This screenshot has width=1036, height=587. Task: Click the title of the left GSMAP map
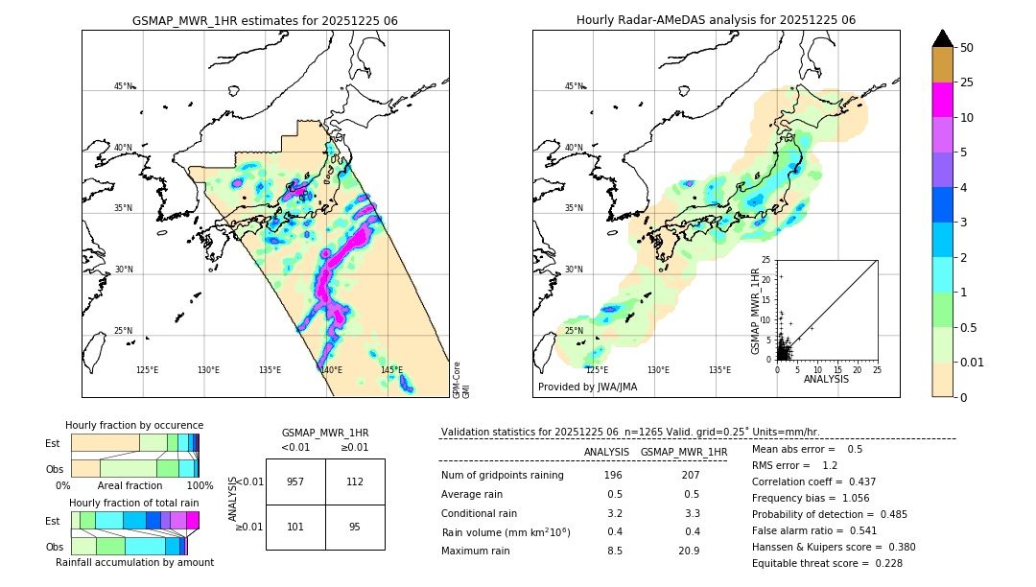tap(265, 20)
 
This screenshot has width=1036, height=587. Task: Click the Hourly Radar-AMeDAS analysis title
tap(716, 20)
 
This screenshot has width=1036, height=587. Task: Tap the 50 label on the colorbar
tap(967, 48)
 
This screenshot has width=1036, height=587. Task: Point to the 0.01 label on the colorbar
tap(973, 362)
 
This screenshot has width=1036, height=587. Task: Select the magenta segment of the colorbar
tap(942, 100)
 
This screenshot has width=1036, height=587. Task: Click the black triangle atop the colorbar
tap(942, 38)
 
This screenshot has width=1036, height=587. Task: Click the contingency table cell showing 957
tap(295, 481)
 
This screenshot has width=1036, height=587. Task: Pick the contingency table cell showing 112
tap(355, 481)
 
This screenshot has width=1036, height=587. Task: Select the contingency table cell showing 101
tap(295, 527)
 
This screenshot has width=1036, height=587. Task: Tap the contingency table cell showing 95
tap(355, 527)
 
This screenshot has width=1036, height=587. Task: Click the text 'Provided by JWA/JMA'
tap(587, 387)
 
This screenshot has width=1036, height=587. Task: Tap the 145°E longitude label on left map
tap(391, 370)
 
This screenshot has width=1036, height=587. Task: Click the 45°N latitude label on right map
tap(574, 86)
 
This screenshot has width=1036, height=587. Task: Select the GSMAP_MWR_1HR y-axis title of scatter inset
tap(755, 310)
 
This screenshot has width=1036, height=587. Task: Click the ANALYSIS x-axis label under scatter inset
tap(826, 379)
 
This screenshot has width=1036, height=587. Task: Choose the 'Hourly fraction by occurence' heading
tap(134, 425)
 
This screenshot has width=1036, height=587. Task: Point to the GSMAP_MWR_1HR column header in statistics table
tap(683, 452)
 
